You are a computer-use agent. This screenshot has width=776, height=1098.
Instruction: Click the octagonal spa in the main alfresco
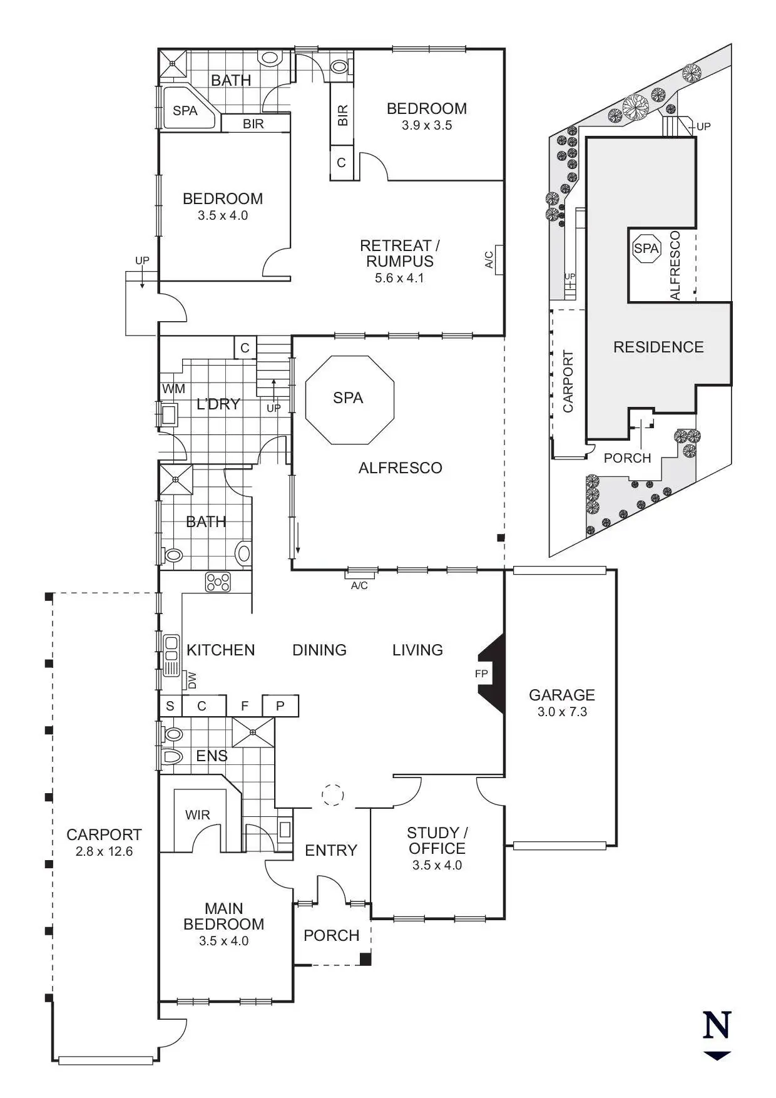point(349,399)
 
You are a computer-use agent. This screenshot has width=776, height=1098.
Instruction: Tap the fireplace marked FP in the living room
point(491,674)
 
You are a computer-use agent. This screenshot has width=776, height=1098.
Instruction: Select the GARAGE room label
point(561,695)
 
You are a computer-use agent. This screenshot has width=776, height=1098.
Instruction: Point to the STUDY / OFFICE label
point(437,841)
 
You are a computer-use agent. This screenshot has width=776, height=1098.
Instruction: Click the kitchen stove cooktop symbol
point(218,582)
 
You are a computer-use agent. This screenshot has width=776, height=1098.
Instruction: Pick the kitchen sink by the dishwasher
point(171,655)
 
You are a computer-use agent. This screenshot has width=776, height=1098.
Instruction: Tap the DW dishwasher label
point(192,680)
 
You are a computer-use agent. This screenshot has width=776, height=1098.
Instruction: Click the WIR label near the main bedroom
point(198,815)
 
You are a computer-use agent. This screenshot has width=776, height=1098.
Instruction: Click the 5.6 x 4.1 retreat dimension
point(399,278)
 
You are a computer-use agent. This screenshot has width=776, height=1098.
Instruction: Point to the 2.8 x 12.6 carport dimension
point(104,851)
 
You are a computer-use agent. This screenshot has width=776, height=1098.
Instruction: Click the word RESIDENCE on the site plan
point(658,347)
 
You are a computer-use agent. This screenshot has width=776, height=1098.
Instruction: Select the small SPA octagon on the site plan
point(646,249)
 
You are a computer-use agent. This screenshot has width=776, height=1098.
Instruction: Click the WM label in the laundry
point(173,389)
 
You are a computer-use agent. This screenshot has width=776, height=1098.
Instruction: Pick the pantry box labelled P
point(280,705)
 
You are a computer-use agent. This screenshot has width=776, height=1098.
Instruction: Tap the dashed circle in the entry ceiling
point(332,794)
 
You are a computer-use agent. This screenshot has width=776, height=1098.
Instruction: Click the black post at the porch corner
point(365,958)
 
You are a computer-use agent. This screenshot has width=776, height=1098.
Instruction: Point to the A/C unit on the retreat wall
point(499,259)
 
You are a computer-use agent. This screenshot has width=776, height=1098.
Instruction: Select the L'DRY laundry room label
point(218,404)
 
